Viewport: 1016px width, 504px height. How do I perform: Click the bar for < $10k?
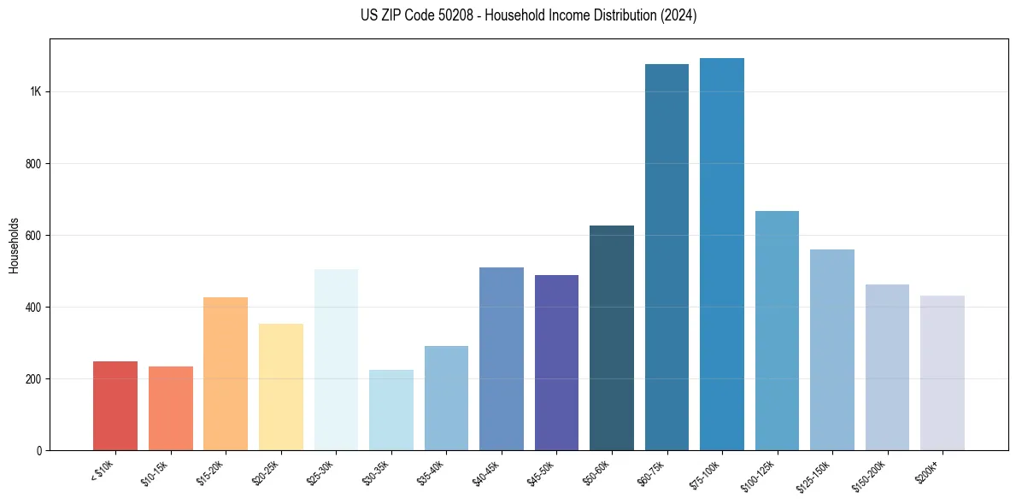[x=115, y=406]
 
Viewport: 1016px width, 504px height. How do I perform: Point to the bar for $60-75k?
[x=667, y=257]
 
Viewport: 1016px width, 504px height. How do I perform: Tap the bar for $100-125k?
[x=777, y=331]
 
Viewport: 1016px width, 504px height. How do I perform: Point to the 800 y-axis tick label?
[x=34, y=164]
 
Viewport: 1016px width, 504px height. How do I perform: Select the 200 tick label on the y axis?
[x=34, y=379]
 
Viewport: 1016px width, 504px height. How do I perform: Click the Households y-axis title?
[x=15, y=244]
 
